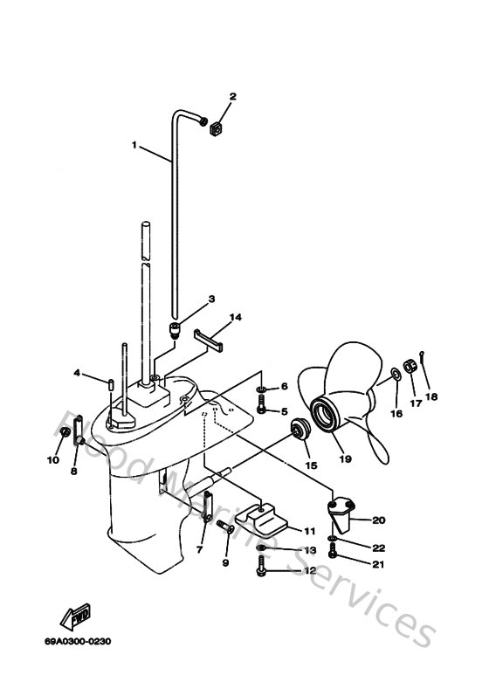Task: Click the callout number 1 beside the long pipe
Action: pyautogui.click(x=134, y=145)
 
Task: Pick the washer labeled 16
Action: pyautogui.click(x=395, y=375)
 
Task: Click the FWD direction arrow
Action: pyautogui.click(x=71, y=618)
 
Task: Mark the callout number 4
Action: pyautogui.click(x=77, y=374)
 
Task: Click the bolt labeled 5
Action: pyautogui.click(x=263, y=410)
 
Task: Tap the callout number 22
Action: pyautogui.click(x=379, y=548)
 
